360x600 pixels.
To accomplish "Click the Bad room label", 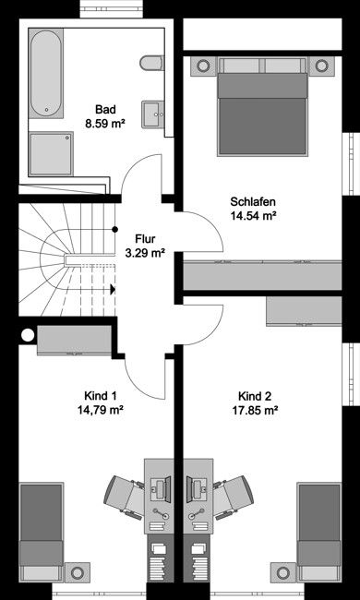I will pos(107,107).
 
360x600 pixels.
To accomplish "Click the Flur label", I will pos(145,236).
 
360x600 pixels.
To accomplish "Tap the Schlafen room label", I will pos(255,201).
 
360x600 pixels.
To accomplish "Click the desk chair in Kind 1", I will pos(125,495).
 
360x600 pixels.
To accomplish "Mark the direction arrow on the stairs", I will pos(113,289).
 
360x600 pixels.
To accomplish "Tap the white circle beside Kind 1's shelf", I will pos(28,335).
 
